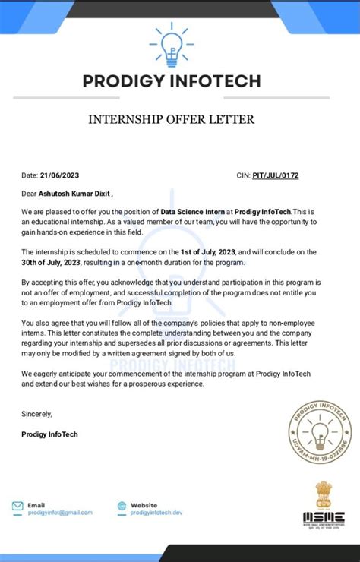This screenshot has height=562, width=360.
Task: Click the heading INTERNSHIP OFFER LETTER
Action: (x=172, y=119)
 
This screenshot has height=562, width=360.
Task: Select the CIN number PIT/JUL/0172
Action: (x=276, y=175)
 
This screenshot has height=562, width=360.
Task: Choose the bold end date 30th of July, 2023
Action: (x=51, y=263)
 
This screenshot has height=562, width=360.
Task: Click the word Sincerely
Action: (x=37, y=414)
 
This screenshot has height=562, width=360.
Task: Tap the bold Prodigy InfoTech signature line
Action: (x=50, y=434)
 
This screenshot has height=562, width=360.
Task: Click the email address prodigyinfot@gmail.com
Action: (x=60, y=513)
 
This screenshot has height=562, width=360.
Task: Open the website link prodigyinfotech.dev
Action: (x=156, y=513)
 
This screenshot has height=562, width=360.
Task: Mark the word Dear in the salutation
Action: (x=30, y=193)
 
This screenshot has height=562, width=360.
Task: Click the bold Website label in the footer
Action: (x=144, y=505)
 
